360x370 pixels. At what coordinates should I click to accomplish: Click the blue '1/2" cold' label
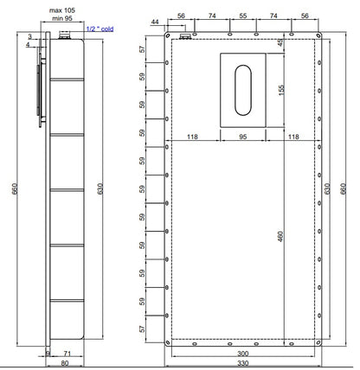pos(100,29)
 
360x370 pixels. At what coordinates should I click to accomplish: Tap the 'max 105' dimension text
pos(62,10)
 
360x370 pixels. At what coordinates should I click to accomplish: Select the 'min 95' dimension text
pos(62,18)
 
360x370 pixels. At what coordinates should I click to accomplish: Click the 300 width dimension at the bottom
pos(242,354)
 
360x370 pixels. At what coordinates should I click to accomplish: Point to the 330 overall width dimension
pos(242,363)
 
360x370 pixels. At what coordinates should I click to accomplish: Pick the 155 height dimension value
pos(281,90)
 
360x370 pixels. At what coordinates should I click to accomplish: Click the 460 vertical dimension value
pos(280,236)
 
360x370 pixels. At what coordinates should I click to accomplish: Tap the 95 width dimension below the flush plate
pos(243,137)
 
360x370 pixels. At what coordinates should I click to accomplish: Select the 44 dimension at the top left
pos(155,22)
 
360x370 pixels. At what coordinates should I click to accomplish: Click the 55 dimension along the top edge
pos(243,16)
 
